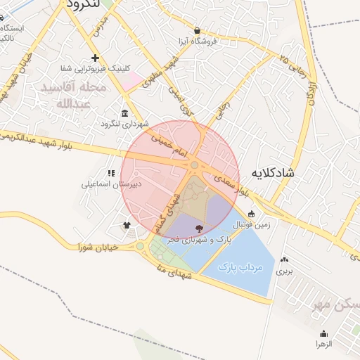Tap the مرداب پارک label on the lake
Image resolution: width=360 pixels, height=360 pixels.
[240, 268]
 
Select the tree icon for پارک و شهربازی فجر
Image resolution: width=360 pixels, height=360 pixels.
[198, 228]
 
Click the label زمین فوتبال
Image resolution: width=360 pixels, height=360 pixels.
[251, 225]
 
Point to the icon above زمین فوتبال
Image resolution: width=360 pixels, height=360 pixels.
[251, 214]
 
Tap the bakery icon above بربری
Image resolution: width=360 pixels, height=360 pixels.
[284, 259]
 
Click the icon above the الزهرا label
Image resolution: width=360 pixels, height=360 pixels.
[323, 334]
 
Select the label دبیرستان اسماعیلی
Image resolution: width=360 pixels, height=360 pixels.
[111, 185]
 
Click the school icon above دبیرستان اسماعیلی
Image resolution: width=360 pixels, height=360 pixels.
[111, 173]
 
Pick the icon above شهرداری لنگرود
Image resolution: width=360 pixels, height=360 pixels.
[124, 114]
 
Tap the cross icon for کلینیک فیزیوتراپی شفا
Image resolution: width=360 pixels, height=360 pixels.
[95, 58]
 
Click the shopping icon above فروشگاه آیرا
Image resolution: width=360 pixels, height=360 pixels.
[196, 30]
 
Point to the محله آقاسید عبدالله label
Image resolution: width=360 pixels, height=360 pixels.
[74, 96]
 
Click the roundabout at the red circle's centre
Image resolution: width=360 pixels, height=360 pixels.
[194, 165]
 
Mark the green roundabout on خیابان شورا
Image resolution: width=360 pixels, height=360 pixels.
[140, 246]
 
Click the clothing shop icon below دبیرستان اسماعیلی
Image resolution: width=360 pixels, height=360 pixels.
[127, 226]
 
